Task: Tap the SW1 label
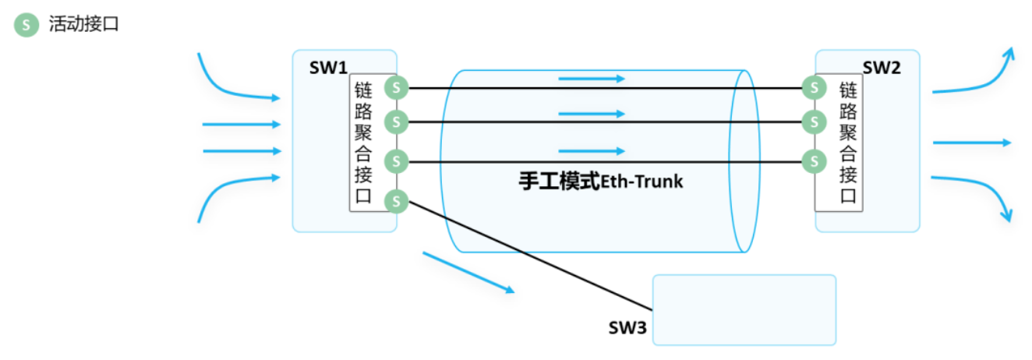click(327, 68)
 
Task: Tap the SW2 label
click(882, 68)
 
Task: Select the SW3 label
click(627, 327)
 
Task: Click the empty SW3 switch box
click(744, 309)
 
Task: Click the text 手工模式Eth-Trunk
click(600, 182)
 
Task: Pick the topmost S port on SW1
click(397, 87)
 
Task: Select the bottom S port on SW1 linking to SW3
click(397, 201)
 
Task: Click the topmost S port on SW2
click(814, 87)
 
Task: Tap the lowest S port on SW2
click(814, 161)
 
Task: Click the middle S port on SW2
click(814, 122)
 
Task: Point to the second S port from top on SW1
click(397, 122)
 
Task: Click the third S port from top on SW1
click(397, 161)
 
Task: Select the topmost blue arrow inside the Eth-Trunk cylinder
click(592, 79)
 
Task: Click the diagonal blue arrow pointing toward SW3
click(468, 272)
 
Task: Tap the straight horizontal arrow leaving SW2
click(971, 143)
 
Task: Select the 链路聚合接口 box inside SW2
click(847, 144)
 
